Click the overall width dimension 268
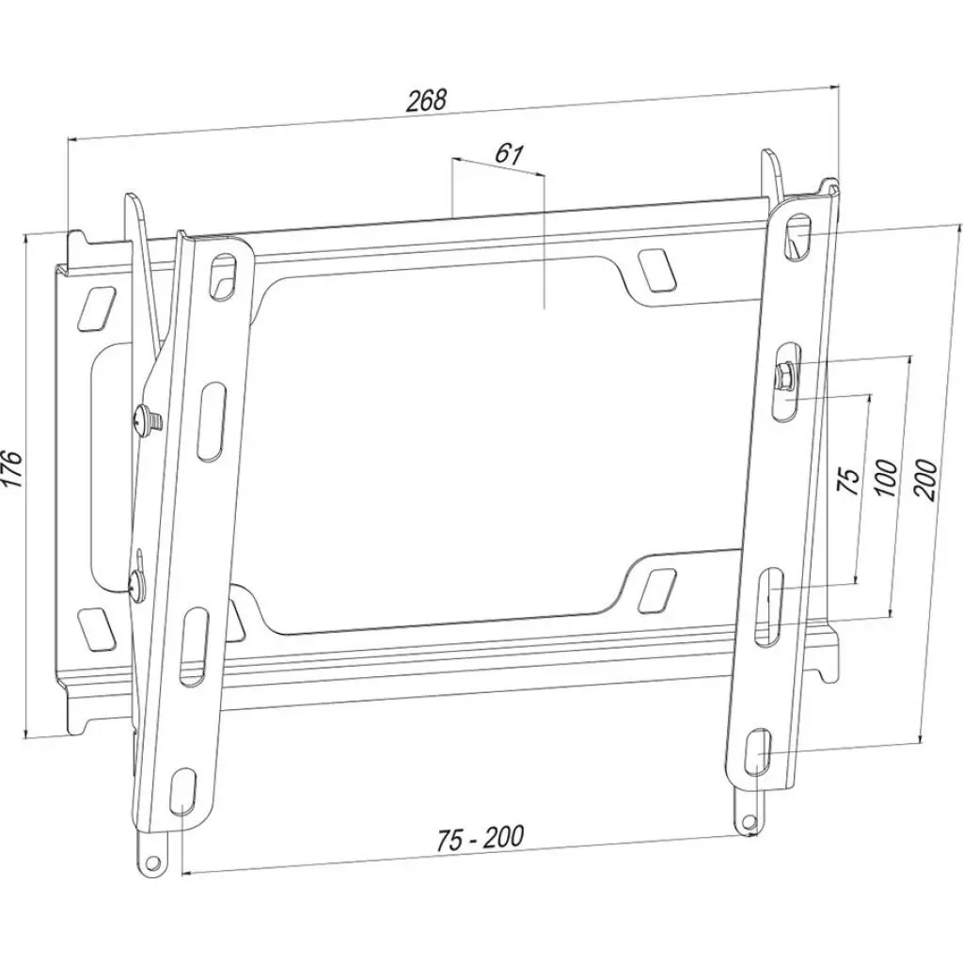point(426,102)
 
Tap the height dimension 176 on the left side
point(11,468)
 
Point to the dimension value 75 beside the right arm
point(848,479)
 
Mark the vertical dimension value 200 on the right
point(924,480)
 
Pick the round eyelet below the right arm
point(749,821)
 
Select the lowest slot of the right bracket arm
point(759,751)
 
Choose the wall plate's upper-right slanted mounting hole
point(655,269)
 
